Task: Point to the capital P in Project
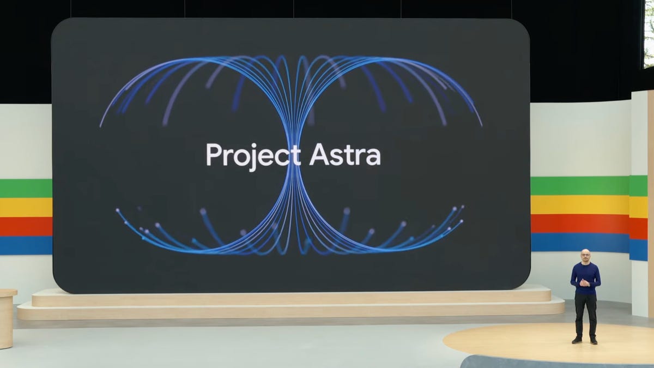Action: point(213,154)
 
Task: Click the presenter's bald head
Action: point(585,254)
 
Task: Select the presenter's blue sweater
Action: point(585,275)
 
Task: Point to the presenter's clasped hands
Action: point(584,283)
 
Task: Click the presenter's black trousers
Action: point(585,313)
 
